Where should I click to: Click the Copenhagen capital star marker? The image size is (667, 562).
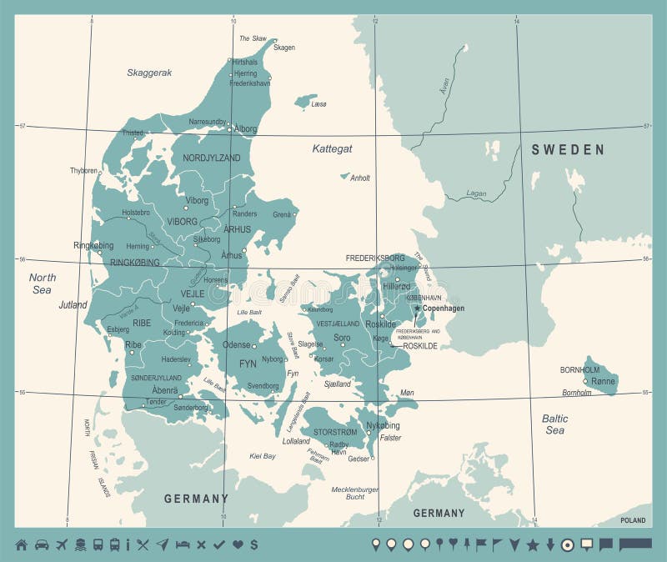click(x=418, y=308)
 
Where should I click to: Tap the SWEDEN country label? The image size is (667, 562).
click(x=568, y=150)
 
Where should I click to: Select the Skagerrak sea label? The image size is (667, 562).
click(x=149, y=73)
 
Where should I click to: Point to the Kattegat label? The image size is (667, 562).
click(x=332, y=148)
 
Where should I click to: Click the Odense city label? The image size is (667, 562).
click(x=237, y=345)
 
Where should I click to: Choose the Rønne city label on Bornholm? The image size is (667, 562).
click(x=603, y=381)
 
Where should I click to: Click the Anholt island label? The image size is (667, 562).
click(x=359, y=178)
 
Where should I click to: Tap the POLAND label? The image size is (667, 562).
click(x=632, y=520)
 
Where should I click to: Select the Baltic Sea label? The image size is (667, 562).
click(x=555, y=424)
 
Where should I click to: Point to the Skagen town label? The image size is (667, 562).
click(x=284, y=48)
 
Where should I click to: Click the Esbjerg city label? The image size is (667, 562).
click(x=118, y=329)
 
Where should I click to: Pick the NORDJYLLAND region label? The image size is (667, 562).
click(x=212, y=158)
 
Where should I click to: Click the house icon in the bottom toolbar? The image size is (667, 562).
click(x=21, y=544)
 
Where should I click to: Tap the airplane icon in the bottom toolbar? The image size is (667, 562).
click(x=61, y=544)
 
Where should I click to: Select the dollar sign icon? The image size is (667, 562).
click(x=253, y=544)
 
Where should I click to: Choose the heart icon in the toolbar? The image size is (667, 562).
click(x=238, y=544)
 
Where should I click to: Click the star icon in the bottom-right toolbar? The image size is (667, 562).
click(x=533, y=544)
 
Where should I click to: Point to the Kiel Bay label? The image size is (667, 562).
click(x=263, y=456)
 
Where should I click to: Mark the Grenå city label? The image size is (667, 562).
click(x=283, y=214)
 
